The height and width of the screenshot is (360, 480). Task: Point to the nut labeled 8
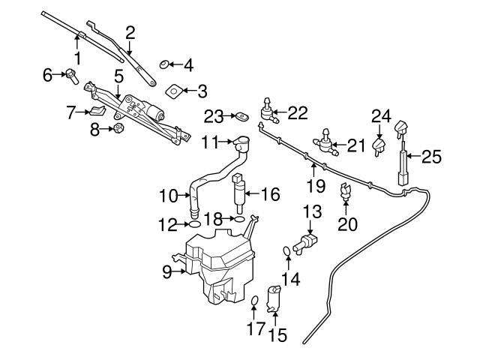pos(116,129)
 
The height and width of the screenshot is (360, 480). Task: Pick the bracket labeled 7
pos(97,112)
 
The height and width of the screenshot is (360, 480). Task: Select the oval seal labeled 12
pos(193,223)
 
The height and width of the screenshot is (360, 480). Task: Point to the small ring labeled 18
pos(240,220)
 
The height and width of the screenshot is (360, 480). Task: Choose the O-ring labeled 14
pos(287,250)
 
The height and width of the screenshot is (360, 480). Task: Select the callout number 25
pos(431,157)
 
